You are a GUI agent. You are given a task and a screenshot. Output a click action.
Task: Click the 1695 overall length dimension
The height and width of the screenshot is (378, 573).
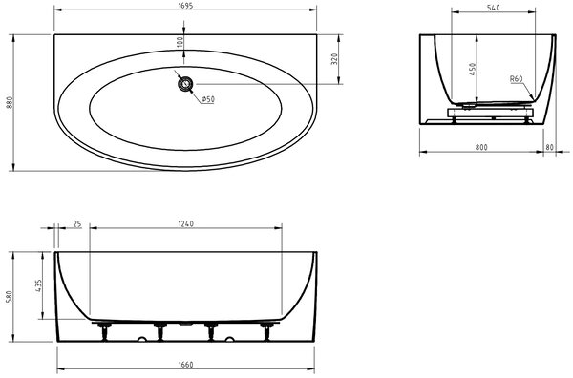185,6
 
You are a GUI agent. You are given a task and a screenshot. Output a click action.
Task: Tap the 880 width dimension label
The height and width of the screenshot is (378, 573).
10,103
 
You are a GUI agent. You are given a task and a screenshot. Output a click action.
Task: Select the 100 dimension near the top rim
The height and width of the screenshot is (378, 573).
180,42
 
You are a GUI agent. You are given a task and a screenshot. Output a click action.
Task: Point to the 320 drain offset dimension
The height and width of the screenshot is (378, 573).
334,59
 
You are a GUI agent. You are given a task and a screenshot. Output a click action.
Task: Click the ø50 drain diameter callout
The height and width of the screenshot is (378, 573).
208,99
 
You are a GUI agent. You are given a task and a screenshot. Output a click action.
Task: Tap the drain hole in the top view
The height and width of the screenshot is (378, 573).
185,84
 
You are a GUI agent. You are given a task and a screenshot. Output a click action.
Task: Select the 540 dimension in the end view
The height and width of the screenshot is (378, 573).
494,8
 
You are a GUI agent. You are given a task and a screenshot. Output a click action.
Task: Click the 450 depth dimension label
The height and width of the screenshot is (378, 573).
473,70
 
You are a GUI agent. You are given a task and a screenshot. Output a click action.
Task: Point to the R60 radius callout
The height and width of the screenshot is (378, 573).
517,79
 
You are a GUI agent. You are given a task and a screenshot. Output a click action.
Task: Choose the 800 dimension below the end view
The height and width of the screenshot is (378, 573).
481,147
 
